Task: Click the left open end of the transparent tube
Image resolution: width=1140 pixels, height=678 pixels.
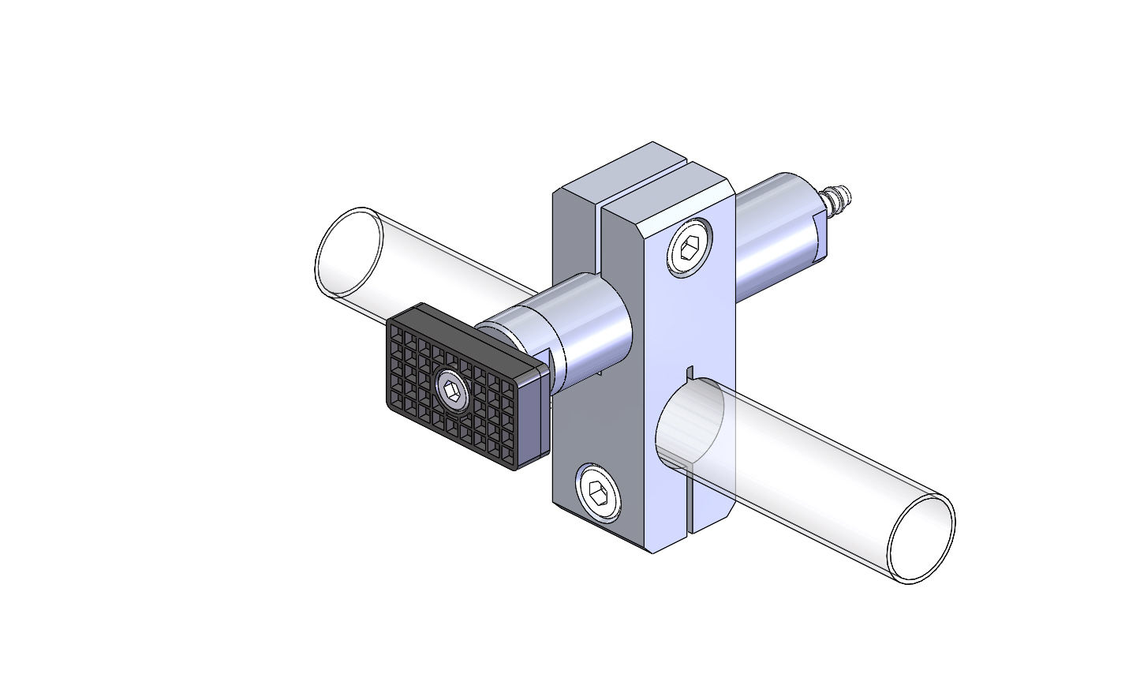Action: click(x=348, y=252)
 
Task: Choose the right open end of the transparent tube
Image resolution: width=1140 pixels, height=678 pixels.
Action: click(x=921, y=539)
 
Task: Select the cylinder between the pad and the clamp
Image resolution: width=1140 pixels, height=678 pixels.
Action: click(x=584, y=332)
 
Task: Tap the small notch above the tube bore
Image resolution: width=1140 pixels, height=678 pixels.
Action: click(x=689, y=372)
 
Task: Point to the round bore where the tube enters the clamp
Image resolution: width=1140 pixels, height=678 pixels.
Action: click(x=690, y=422)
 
